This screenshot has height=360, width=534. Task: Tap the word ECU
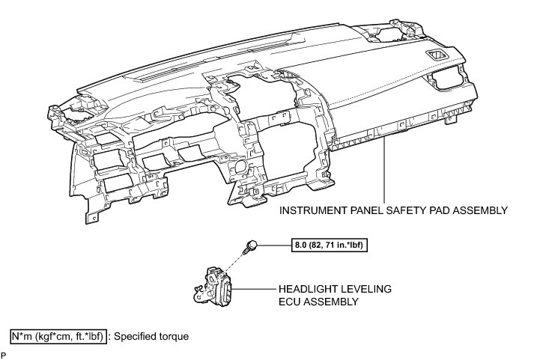(291, 302)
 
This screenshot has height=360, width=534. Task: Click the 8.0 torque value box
(328, 244)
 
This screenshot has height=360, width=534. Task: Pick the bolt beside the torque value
(253, 245)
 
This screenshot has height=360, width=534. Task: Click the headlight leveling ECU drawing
(216, 285)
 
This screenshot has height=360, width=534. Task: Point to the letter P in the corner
(4, 354)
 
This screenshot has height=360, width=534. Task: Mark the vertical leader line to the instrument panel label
(384, 172)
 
